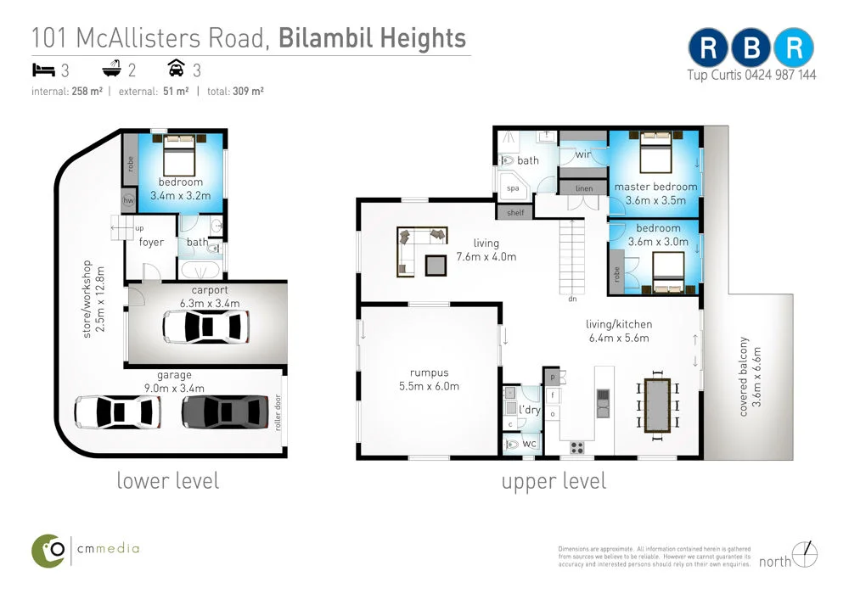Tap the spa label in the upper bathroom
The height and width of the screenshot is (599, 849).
coord(513,188)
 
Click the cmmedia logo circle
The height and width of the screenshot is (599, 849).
coord(48,551)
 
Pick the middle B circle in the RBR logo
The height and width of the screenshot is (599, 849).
coord(751,48)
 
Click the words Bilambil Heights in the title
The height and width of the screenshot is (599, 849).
coord(372,38)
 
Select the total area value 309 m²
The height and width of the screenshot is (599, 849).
coord(248,91)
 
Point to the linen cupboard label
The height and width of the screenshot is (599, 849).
coord(584,189)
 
